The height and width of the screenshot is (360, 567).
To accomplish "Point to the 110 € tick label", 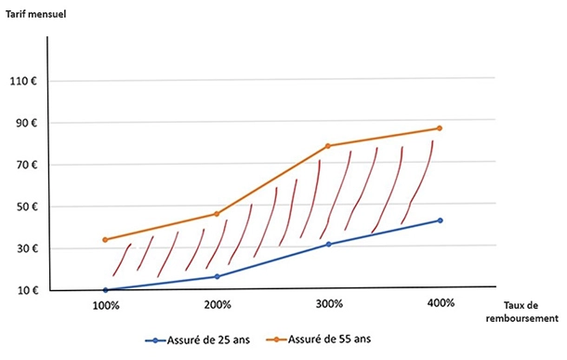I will (x=23, y=81).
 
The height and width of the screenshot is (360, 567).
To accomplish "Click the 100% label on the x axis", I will (x=105, y=304).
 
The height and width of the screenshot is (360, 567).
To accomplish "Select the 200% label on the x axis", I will (x=217, y=304).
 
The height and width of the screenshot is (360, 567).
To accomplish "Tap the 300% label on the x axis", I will (x=328, y=304).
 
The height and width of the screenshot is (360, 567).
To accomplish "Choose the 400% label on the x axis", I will (x=440, y=303).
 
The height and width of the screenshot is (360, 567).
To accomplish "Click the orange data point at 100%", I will (x=105, y=240).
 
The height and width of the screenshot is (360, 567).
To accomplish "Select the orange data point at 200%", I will (x=217, y=214).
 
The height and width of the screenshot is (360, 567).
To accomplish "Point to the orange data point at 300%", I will (x=328, y=146).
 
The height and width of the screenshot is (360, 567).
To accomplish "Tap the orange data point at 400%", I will (x=440, y=128).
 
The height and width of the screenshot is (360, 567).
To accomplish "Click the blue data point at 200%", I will (x=217, y=276).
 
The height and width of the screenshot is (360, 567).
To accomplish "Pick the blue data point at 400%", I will (x=440, y=220).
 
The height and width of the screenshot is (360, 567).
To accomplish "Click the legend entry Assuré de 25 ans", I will (x=201, y=340).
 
